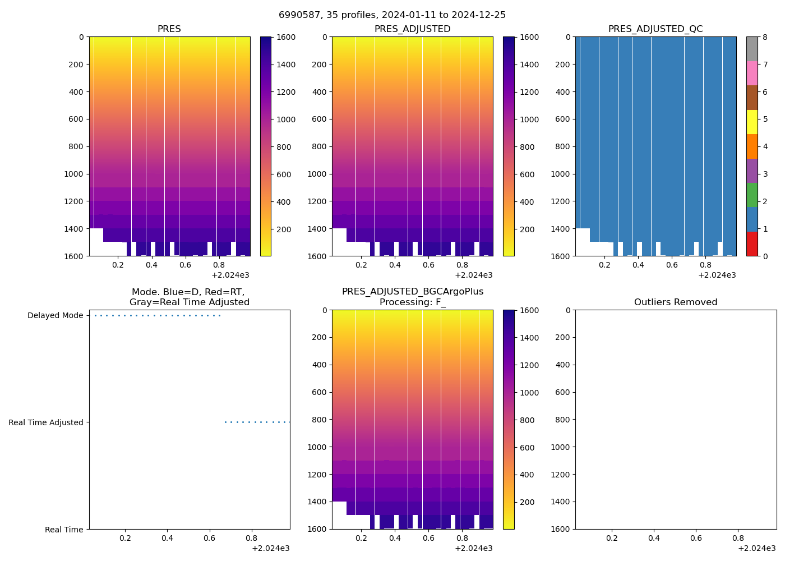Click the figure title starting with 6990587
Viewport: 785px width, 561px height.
click(x=392, y=15)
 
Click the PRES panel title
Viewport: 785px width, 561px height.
click(x=169, y=29)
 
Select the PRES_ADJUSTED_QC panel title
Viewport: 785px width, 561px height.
click(x=655, y=29)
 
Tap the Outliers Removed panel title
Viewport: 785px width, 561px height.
click(x=676, y=302)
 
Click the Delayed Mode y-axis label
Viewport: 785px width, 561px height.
click(x=55, y=316)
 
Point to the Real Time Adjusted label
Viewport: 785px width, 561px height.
click(x=46, y=423)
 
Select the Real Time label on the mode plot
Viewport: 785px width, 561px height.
click(x=64, y=530)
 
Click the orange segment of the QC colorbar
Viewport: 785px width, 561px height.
click(x=752, y=146)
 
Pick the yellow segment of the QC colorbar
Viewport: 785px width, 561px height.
click(x=752, y=122)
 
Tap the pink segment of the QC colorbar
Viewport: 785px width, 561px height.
click(x=752, y=73)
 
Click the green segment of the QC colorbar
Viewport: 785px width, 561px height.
click(x=752, y=195)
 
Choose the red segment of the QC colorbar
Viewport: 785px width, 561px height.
click(x=752, y=244)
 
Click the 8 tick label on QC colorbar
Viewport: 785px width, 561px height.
click(x=765, y=38)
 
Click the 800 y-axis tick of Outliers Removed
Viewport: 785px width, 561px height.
click(x=562, y=420)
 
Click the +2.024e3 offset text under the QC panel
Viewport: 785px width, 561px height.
click(x=717, y=275)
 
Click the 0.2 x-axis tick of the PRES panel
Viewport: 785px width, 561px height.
click(x=118, y=265)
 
